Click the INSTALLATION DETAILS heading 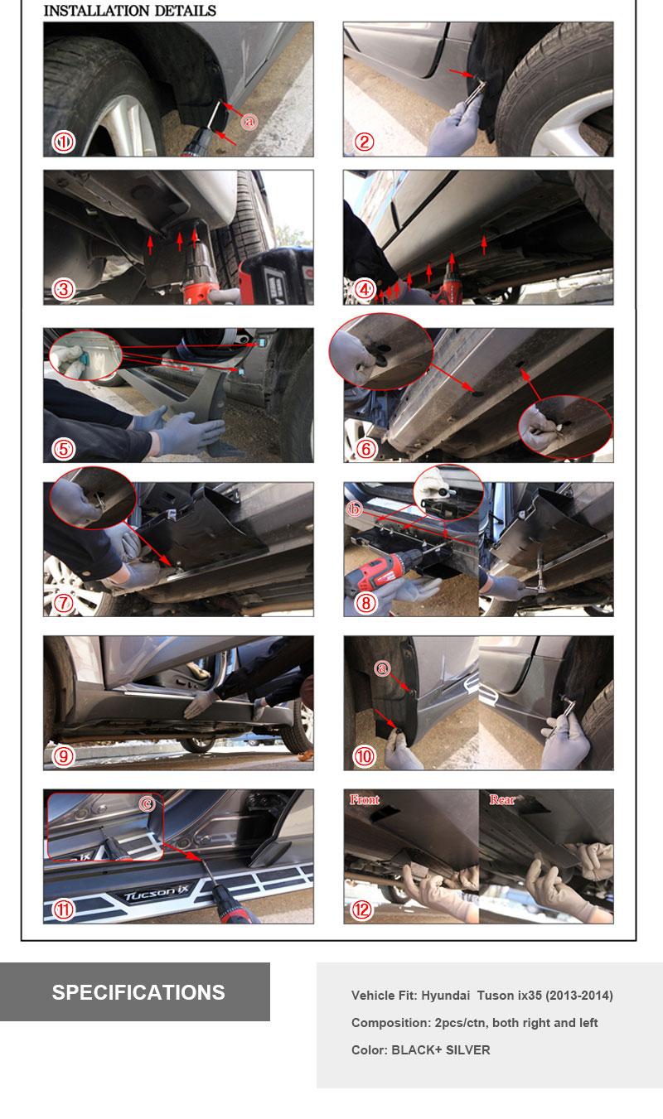pyautogui.click(x=129, y=11)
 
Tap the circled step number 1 pyautogui.click(x=64, y=142)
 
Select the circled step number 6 pyautogui.click(x=365, y=449)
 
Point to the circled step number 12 pyautogui.click(x=362, y=909)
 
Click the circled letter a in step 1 pyautogui.click(x=249, y=122)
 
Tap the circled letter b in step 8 pyautogui.click(x=355, y=509)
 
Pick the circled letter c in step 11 pyautogui.click(x=147, y=803)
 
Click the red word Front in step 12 pyautogui.click(x=365, y=800)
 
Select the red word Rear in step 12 pyautogui.click(x=502, y=800)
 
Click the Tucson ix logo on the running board pyautogui.click(x=157, y=892)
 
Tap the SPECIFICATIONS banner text pyautogui.click(x=138, y=992)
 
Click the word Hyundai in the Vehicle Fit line pyautogui.click(x=446, y=996)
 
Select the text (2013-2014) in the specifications pyautogui.click(x=579, y=996)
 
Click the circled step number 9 pyautogui.click(x=64, y=756)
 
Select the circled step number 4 pyautogui.click(x=365, y=289)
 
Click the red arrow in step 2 pyautogui.click(x=461, y=74)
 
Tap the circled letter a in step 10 pyautogui.click(x=383, y=668)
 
